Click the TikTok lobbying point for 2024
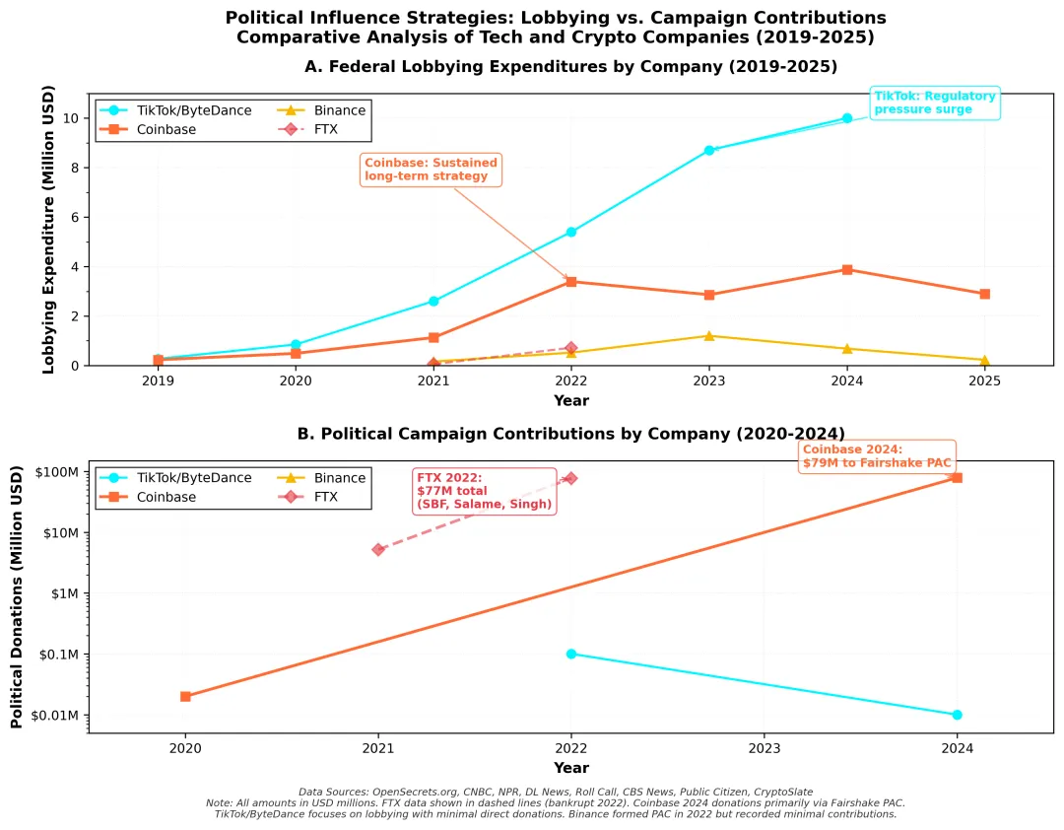pyautogui.click(x=847, y=118)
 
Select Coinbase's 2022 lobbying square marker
pyautogui.click(x=571, y=282)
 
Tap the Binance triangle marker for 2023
pyautogui.click(x=709, y=336)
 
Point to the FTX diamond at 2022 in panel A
pyautogui.click(x=571, y=348)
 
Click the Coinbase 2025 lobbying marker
pyautogui.click(x=984, y=294)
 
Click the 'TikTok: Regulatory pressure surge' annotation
pyautogui.click(x=936, y=103)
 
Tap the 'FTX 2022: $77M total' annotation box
pyautogui.click(x=484, y=490)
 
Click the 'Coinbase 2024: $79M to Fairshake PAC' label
pyautogui.click(x=876, y=456)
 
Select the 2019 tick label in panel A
pyautogui.click(x=158, y=380)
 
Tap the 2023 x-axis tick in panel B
pyautogui.click(x=765, y=748)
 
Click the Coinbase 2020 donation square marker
pyautogui.click(x=185, y=696)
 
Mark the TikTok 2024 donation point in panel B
pyautogui.click(x=957, y=715)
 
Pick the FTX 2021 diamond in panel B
pyautogui.click(x=378, y=549)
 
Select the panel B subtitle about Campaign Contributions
pyautogui.click(x=570, y=434)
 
